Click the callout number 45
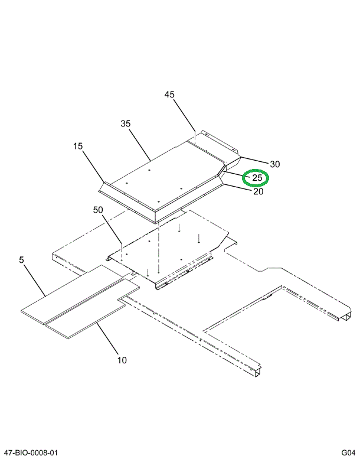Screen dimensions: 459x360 point(169,95)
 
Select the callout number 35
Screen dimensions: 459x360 point(125,123)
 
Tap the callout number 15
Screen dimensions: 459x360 point(78,146)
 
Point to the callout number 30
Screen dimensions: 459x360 point(274,164)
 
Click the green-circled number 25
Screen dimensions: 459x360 point(257,177)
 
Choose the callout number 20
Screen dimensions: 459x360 point(258,191)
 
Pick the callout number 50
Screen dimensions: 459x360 point(98,210)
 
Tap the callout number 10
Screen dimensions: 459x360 point(122,360)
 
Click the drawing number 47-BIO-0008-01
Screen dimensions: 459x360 point(31,453)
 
